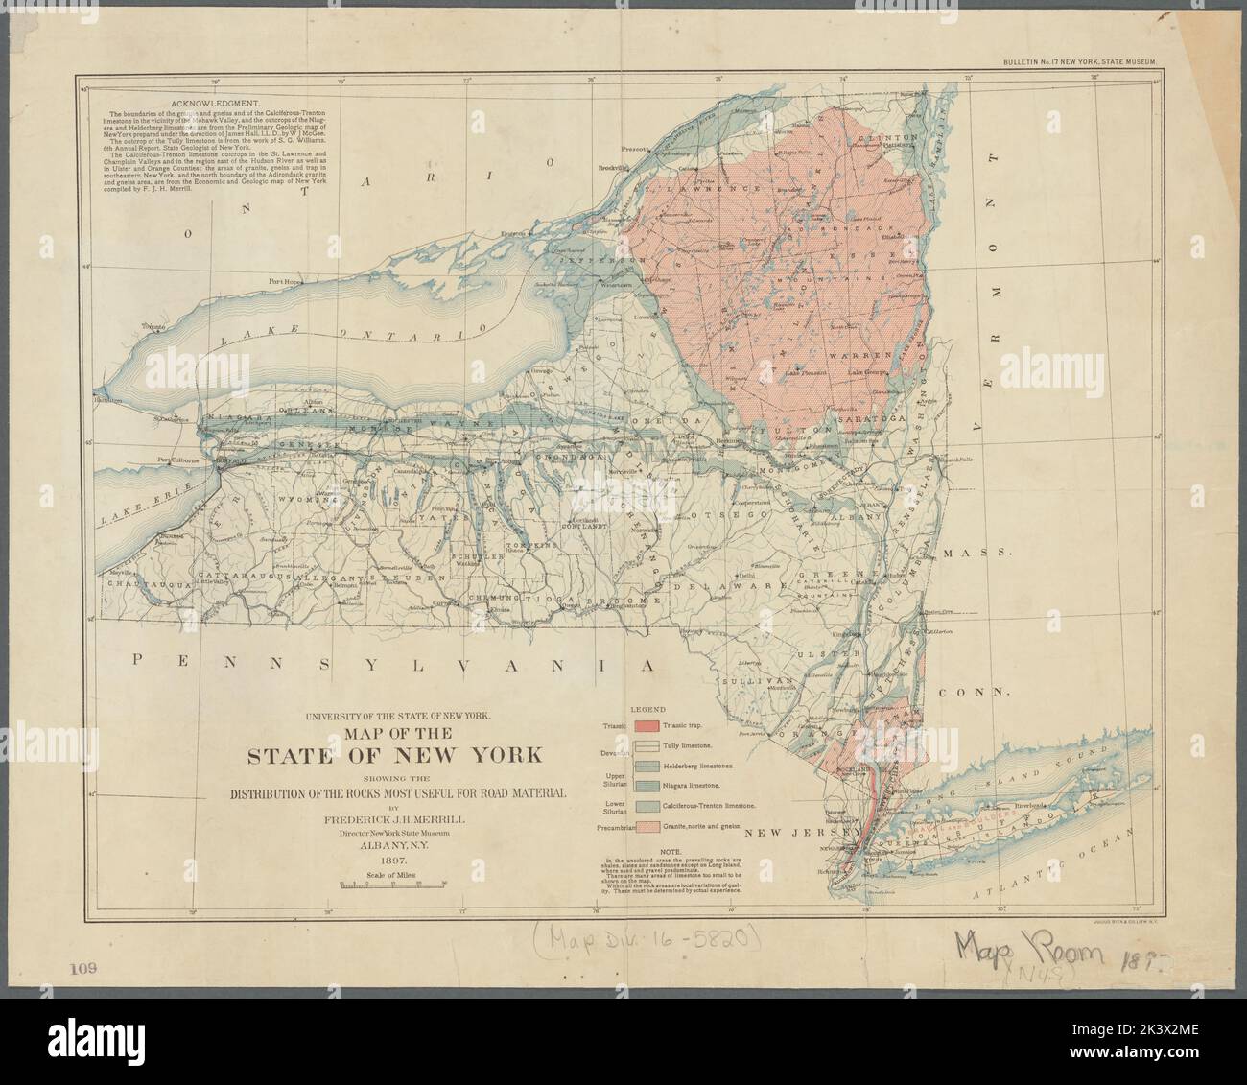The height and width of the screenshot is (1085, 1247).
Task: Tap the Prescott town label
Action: tap(635, 149)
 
